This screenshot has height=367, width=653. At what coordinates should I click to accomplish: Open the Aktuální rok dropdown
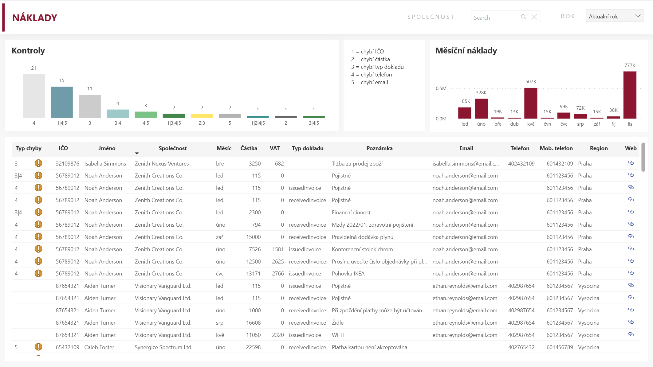[x=614, y=16]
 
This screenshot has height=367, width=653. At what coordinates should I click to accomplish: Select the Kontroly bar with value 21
[x=34, y=96]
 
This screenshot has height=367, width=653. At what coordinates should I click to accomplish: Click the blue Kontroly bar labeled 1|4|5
[x=62, y=102]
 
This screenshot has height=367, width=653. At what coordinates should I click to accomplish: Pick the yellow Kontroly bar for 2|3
[x=202, y=116]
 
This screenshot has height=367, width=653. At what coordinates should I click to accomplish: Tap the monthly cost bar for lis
[x=630, y=95]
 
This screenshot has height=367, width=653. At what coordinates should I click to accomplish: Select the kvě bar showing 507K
[x=531, y=103]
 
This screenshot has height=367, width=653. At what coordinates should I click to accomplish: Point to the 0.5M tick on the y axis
[x=441, y=88]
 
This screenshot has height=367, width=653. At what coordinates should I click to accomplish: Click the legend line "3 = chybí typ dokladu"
[x=377, y=67]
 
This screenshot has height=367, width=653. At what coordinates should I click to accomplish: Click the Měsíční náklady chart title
[x=466, y=51]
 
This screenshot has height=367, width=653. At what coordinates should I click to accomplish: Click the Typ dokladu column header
[x=307, y=148]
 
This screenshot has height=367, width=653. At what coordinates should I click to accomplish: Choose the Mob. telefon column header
[x=556, y=148]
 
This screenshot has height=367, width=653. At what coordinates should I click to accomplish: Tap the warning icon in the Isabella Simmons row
[x=38, y=163]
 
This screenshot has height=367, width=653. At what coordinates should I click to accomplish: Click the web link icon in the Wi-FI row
[x=631, y=334]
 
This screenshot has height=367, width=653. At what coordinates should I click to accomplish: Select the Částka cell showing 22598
[x=253, y=347]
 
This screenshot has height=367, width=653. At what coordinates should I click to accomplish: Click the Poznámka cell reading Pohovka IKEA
[x=348, y=274]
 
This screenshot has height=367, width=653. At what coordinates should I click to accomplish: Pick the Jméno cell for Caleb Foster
[x=99, y=347]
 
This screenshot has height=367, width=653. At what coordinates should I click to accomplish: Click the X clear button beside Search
[x=534, y=17]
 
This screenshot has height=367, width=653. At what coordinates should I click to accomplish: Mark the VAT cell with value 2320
[x=278, y=335]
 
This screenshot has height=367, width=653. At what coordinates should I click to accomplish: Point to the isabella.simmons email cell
[x=465, y=164]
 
